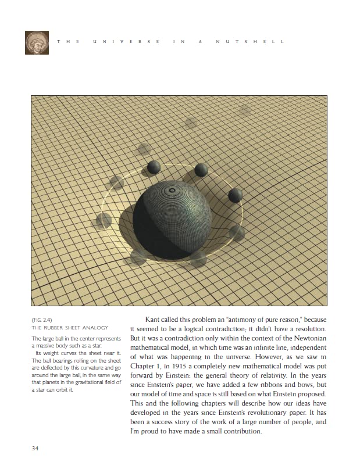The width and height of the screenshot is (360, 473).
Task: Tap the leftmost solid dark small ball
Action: click(154, 168)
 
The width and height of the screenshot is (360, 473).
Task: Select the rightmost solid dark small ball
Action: click(235, 195)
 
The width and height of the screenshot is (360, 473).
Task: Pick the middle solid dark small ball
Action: click(201, 170)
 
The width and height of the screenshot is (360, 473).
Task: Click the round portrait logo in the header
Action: click(36, 42)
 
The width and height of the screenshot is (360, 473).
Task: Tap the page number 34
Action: click(36, 448)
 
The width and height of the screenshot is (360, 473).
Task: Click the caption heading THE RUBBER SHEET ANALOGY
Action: click(69, 328)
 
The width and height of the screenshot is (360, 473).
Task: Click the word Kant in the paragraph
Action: click(153, 319)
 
